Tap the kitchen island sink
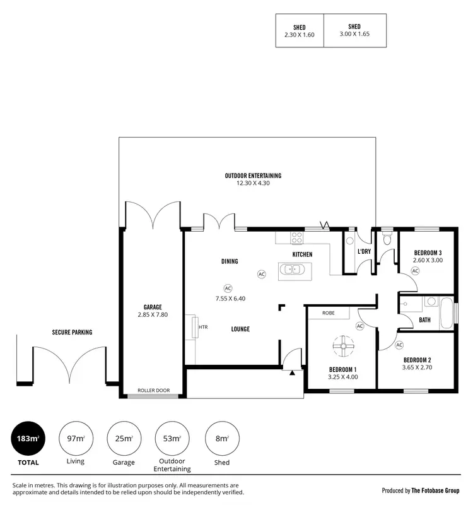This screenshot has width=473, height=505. [x=293, y=270]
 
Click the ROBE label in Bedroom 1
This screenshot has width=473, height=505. [x=328, y=313]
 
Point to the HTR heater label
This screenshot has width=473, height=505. [x=203, y=328]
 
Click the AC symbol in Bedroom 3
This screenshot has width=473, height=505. [x=415, y=270]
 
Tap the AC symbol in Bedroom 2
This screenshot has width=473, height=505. [x=399, y=345]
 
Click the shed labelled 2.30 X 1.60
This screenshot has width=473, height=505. [x=300, y=31]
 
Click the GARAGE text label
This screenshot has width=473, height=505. [x=152, y=307]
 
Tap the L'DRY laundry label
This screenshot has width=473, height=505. [x=364, y=252]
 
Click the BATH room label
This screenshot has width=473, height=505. [x=425, y=320]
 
